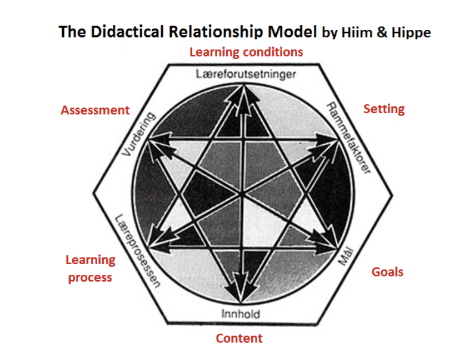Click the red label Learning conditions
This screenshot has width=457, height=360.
click(x=246, y=52)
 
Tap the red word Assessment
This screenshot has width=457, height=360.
click(x=95, y=110)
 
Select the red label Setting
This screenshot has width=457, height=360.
click(x=384, y=109)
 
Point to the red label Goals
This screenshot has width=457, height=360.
click(x=387, y=272)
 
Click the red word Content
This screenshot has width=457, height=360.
click(x=239, y=339)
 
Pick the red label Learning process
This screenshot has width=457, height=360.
click(x=90, y=269)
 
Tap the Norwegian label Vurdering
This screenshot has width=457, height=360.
click(x=138, y=134)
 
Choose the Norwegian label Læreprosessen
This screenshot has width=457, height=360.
click(x=138, y=251)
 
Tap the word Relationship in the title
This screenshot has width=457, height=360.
click(x=220, y=32)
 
